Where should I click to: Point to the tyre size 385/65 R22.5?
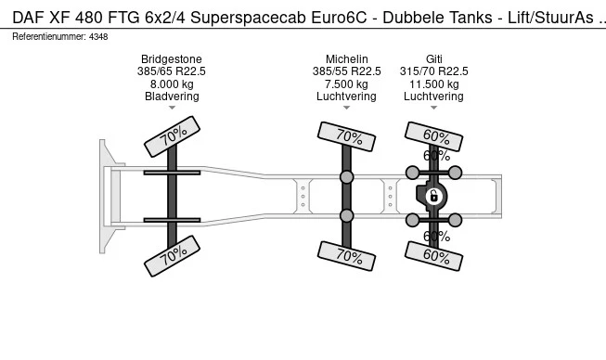[x=172, y=71]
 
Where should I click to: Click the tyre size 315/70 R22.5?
[x=433, y=71]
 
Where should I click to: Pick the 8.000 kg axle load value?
[x=172, y=84]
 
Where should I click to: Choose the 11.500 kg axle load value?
[x=433, y=84]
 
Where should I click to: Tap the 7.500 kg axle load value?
[x=346, y=84]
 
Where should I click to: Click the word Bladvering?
[x=172, y=96]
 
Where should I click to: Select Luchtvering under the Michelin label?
[x=346, y=96]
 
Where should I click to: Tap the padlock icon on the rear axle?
[x=432, y=196]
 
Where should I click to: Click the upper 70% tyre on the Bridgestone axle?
[x=173, y=137]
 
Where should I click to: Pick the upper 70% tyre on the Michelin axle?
[x=347, y=136]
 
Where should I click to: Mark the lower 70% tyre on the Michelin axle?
[x=347, y=254]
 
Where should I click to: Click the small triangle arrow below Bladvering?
[x=172, y=108]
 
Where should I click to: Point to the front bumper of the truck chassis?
[x=105, y=195]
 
